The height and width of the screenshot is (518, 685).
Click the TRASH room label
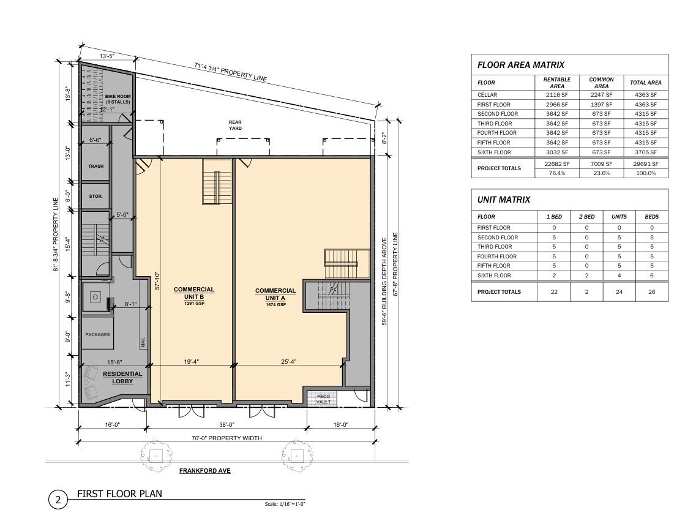pyautogui.click(x=96, y=166)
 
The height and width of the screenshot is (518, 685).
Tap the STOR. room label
pyautogui.click(x=95, y=197)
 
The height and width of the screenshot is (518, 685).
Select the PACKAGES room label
pyautogui.click(x=97, y=334)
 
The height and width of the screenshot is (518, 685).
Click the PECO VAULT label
pyautogui.click(x=324, y=399)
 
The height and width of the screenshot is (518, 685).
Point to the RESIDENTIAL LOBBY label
pyautogui.click(x=122, y=377)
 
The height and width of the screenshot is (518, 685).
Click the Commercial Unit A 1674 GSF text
pyautogui.click(x=275, y=297)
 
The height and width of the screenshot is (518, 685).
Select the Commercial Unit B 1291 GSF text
pyautogui.click(x=194, y=296)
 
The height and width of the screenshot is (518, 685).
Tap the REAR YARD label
pyautogui.click(x=235, y=125)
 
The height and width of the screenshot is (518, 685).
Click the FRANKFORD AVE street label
pyautogui.click(x=205, y=471)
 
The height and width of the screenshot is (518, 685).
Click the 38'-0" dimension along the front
pyautogui.click(x=226, y=424)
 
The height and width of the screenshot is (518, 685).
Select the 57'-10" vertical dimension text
pyautogui.click(x=157, y=280)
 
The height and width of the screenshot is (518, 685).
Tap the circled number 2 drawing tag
pyautogui.click(x=58, y=500)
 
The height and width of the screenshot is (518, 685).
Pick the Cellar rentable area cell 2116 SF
pyautogui.click(x=557, y=95)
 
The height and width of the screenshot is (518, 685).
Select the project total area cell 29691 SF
pyautogui.click(x=646, y=164)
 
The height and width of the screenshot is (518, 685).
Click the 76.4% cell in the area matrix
pyautogui.click(x=557, y=173)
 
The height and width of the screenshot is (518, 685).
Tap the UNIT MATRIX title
pyautogui.click(x=504, y=200)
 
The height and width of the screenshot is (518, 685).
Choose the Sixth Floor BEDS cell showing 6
pyautogui.click(x=652, y=276)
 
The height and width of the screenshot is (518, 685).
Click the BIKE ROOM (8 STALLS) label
pyautogui.click(x=118, y=99)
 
